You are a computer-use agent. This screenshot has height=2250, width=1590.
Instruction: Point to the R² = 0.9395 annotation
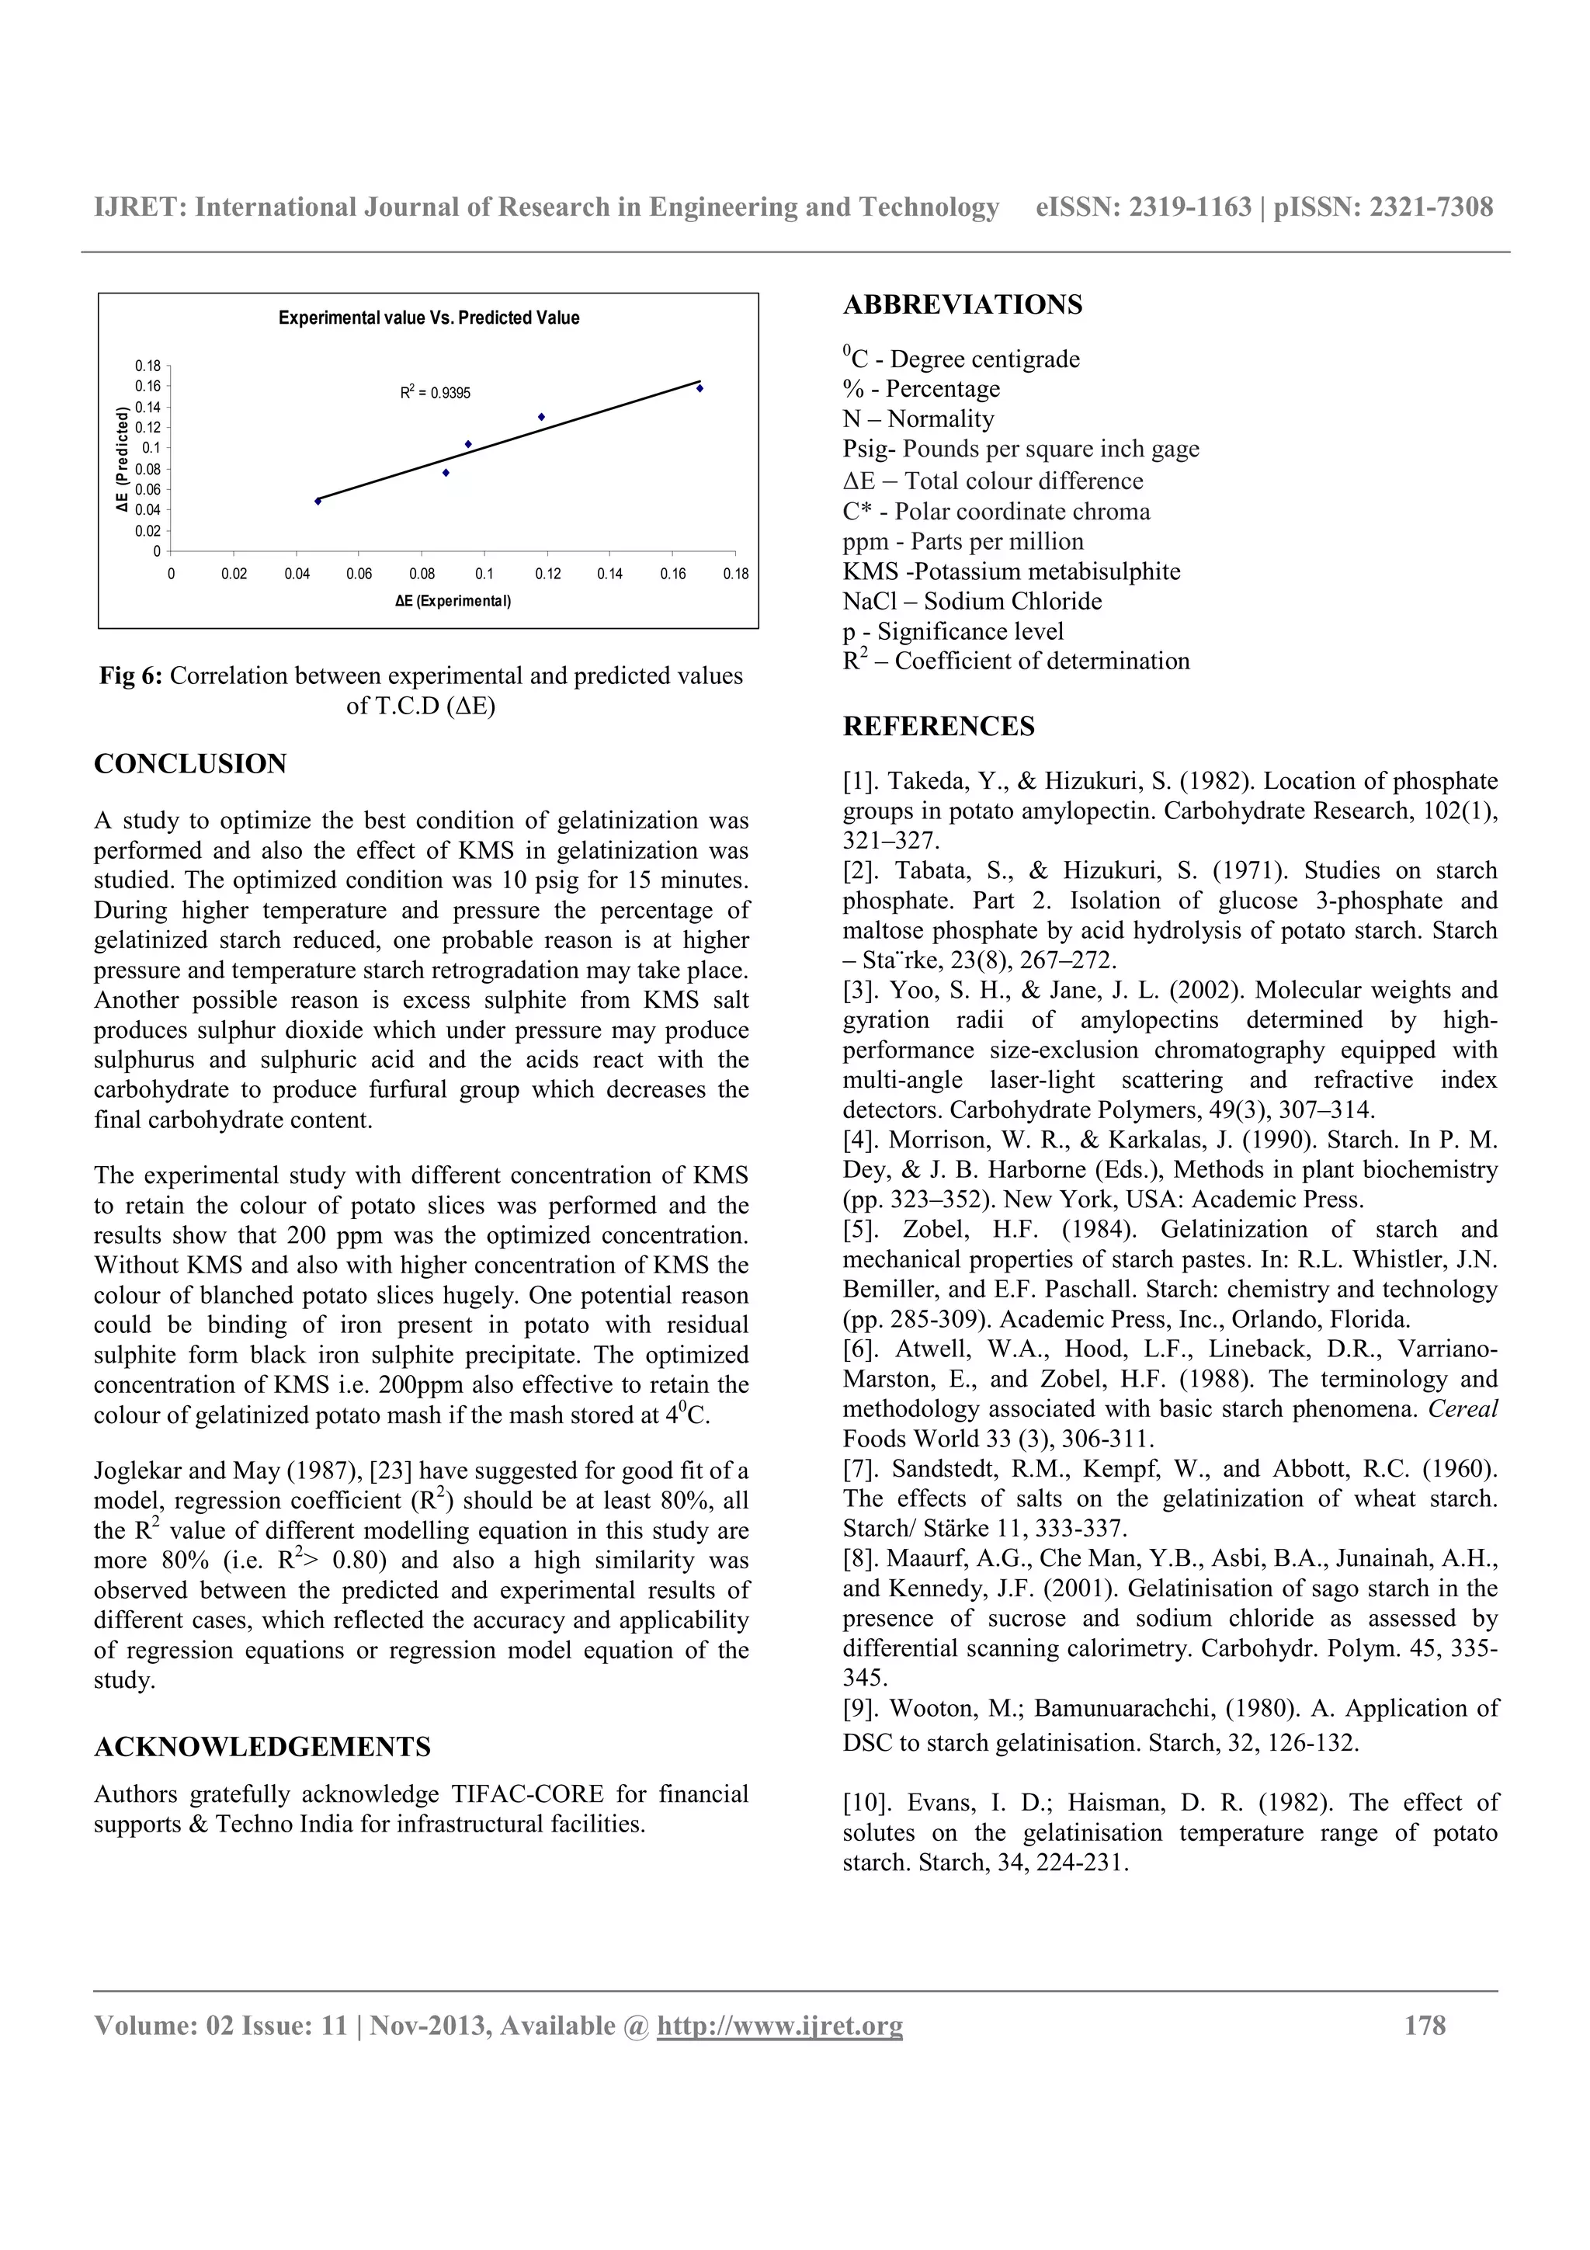(435, 393)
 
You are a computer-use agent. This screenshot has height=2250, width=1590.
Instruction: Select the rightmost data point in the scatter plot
(700, 388)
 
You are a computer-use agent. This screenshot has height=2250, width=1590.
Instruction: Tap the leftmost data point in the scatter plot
(318, 501)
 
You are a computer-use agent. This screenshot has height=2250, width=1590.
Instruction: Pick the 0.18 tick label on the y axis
(148, 366)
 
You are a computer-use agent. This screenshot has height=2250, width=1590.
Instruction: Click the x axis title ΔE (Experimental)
(453, 601)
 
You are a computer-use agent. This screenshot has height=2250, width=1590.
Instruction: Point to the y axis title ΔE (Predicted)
(123, 460)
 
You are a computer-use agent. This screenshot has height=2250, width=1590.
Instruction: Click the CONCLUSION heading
(190, 765)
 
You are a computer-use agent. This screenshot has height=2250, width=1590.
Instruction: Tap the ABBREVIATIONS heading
(962, 305)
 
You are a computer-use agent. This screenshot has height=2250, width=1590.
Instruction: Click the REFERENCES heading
(938, 726)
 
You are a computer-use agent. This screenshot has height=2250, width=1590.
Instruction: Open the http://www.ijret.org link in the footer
(779, 2025)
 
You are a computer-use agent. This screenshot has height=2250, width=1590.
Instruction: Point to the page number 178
(1425, 2025)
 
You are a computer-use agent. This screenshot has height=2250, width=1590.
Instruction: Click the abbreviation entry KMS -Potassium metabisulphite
(1010, 571)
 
